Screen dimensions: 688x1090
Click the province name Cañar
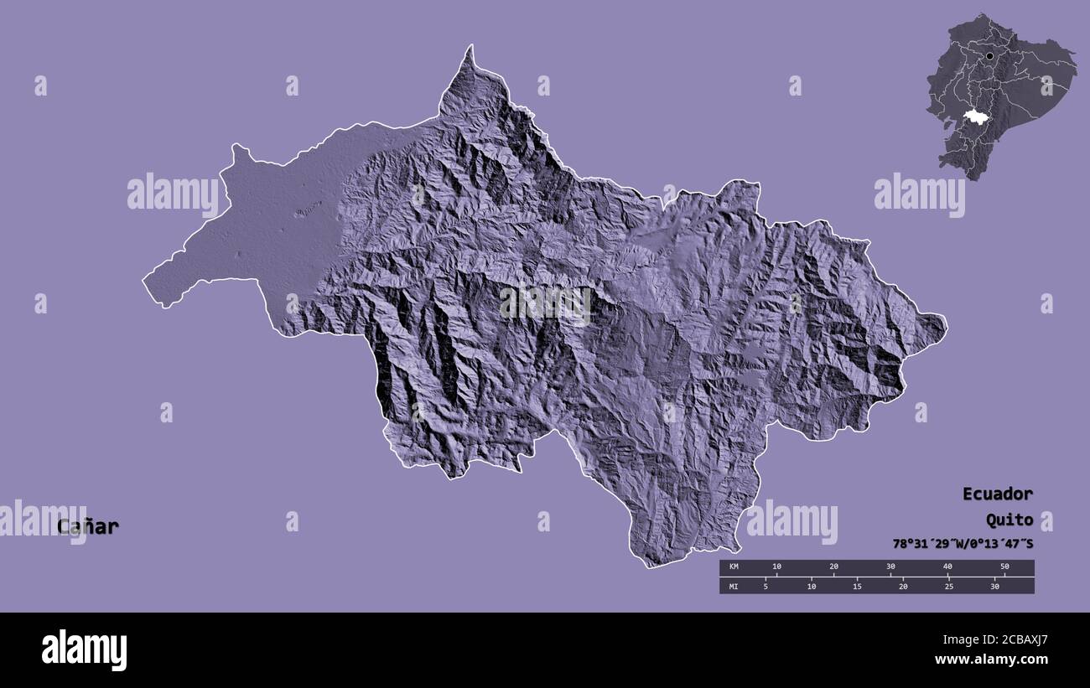pos(88,527)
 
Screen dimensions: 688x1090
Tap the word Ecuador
pos(997,494)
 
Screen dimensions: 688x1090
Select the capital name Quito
pos(1009,520)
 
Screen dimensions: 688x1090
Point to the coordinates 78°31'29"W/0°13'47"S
pos(963,544)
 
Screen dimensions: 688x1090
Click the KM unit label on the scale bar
pos(734,567)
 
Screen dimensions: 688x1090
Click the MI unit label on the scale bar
pos(734,586)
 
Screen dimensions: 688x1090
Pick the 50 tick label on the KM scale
pos(1004,567)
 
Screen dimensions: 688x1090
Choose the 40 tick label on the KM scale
pos(947,567)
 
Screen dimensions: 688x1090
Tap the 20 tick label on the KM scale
pos(833,567)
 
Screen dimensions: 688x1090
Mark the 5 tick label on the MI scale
pos(766,586)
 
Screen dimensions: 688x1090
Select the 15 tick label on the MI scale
pos(857,586)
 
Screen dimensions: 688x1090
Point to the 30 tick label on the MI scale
pos(994,586)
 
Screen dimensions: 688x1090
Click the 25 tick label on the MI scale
pos(948,586)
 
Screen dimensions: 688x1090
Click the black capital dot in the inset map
pos(990,56)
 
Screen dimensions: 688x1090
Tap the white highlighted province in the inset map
pos(974,117)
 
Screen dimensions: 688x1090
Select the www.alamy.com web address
pos(991,660)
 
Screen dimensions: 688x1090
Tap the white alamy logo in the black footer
pos(84,650)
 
